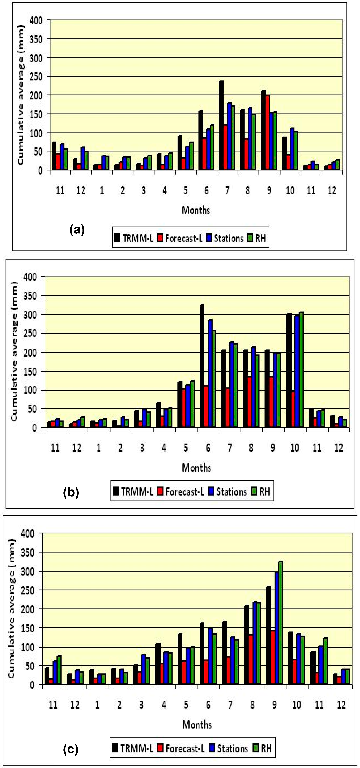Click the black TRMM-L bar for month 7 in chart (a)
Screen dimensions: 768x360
pyautogui.click(x=221, y=125)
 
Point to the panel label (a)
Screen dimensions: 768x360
pyautogui.click(x=77, y=230)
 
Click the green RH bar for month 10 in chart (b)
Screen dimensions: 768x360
pyautogui.click(x=301, y=370)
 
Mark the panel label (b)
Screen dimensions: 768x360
pyautogui.click(x=71, y=492)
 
